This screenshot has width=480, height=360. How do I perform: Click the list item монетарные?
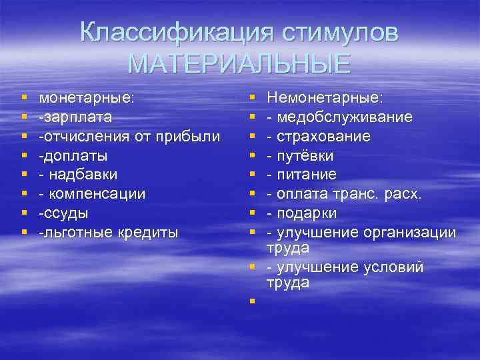(87, 97)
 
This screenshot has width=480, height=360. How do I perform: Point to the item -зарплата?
(75, 117)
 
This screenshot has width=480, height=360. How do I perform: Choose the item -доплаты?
(73, 155)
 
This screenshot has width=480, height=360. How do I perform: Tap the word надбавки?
(83, 175)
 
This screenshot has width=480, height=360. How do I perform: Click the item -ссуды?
(65, 213)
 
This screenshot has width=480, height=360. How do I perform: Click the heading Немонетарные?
(325, 97)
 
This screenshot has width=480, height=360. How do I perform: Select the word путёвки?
(305, 155)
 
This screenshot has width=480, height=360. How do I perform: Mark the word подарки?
(307, 213)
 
